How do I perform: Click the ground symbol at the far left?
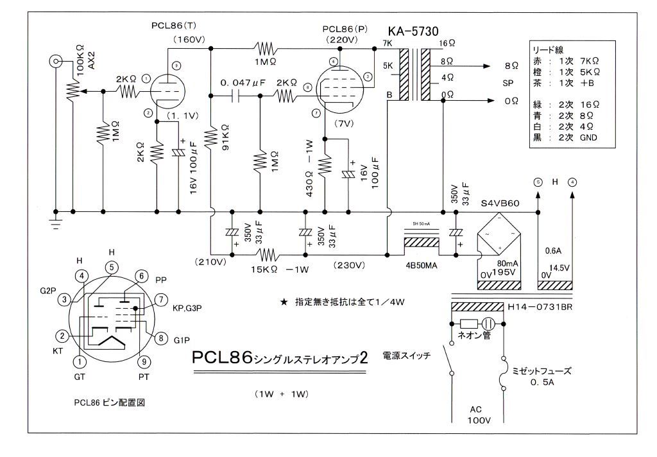pos(56,225)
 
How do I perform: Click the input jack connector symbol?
pos(56,62)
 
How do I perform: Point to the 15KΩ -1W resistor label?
pos(282,270)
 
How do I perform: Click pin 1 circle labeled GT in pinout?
pos(79,363)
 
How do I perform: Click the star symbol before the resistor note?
pos(283,302)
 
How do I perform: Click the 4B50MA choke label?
pos(422,263)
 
